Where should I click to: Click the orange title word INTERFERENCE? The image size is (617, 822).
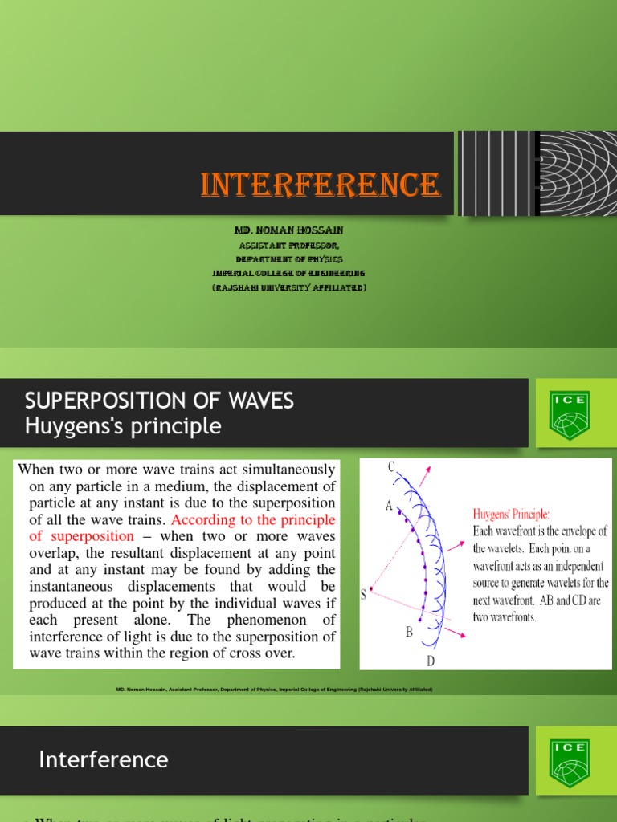pyautogui.click(x=320, y=185)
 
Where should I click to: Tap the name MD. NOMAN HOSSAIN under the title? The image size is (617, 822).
pyautogui.click(x=288, y=230)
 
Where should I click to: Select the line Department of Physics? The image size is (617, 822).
pyautogui.click(x=288, y=259)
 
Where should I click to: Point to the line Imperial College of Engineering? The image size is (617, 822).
pyautogui.click(x=288, y=274)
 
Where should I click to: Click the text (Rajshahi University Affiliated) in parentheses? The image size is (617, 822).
pyautogui.click(x=288, y=287)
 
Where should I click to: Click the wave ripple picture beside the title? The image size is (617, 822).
pyautogui.click(x=537, y=173)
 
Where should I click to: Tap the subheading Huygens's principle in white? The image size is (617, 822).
pyautogui.click(x=123, y=426)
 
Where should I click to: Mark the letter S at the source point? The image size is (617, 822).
pyautogui.click(x=364, y=595)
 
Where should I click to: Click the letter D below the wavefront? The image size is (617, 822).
pyautogui.click(x=431, y=661)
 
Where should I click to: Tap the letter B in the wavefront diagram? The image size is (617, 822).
pyautogui.click(x=409, y=633)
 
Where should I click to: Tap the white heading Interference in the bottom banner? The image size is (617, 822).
pyautogui.click(x=104, y=760)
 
